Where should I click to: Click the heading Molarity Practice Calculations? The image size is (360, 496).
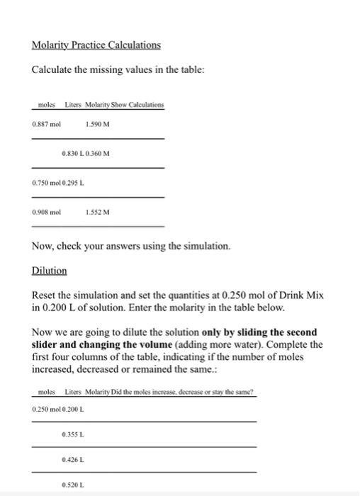(96, 45)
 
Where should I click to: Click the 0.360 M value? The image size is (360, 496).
(99, 153)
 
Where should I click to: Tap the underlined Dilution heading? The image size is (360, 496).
(50, 271)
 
